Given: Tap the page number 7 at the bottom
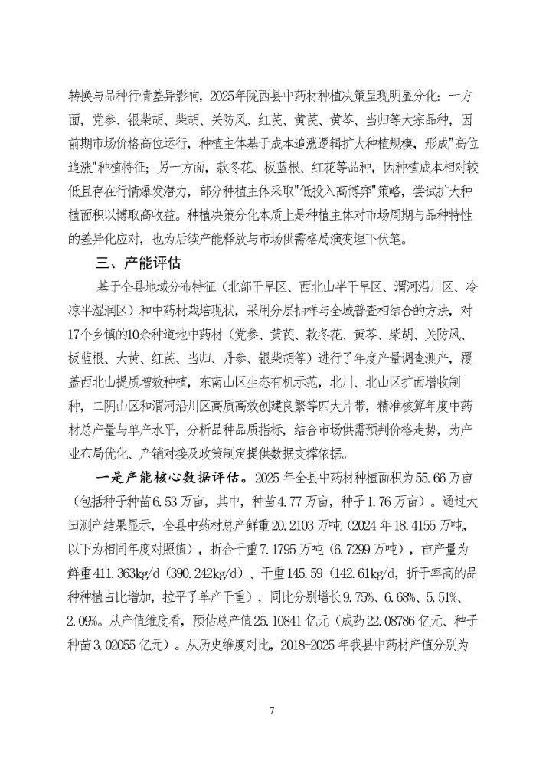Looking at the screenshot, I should [271, 710].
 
